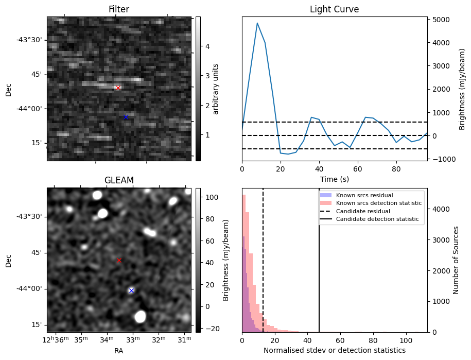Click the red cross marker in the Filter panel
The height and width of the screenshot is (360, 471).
click(x=118, y=88)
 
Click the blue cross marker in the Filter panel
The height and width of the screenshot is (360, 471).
click(x=126, y=117)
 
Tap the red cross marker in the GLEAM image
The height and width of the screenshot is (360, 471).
click(x=119, y=261)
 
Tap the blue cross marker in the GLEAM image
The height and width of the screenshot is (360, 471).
click(x=131, y=291)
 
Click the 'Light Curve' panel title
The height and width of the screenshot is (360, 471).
click(x=334, y=9)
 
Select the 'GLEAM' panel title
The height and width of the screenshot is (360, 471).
click(x=119, y=180)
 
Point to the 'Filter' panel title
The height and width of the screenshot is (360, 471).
click(x=119, y=9)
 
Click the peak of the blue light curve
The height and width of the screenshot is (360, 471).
click(x=257, y=23)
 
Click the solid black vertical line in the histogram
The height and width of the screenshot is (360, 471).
click(x=319, y=268)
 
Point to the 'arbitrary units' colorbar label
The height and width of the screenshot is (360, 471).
click(x=216, y=89)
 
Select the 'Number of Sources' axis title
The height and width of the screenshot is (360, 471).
click(x=456, y=260)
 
